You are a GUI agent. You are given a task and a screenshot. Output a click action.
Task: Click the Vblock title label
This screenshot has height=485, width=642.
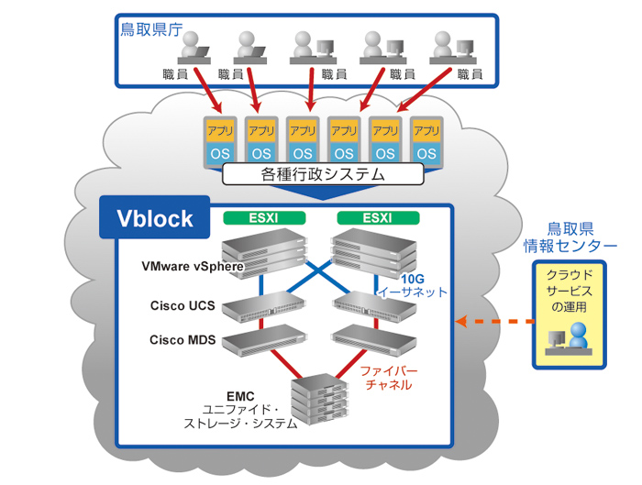click(x=154, y=217)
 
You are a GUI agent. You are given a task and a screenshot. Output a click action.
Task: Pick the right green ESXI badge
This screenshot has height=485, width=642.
click(x=378, y=218)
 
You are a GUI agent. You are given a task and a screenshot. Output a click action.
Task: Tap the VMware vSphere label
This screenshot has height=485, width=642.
click(x=192, y=268)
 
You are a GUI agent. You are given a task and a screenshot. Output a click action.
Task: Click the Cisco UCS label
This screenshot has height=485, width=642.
click(x=183, y=304)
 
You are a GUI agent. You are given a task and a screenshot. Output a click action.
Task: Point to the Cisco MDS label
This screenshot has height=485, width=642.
click(x=183, y=340)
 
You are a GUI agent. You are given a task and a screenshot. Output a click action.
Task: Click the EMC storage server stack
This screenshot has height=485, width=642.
click(x=316, y=400)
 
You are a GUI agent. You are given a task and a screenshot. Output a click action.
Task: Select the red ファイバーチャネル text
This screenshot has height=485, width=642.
click(x=389, y=379)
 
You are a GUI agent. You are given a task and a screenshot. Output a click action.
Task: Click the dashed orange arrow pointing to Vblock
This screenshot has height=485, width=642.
click(x=495, y=322)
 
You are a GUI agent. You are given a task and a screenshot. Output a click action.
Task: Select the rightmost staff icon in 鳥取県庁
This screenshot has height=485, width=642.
click(x=449, y=47)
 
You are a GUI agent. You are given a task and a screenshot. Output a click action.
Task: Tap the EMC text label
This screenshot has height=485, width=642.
click(x=239, y=397)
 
